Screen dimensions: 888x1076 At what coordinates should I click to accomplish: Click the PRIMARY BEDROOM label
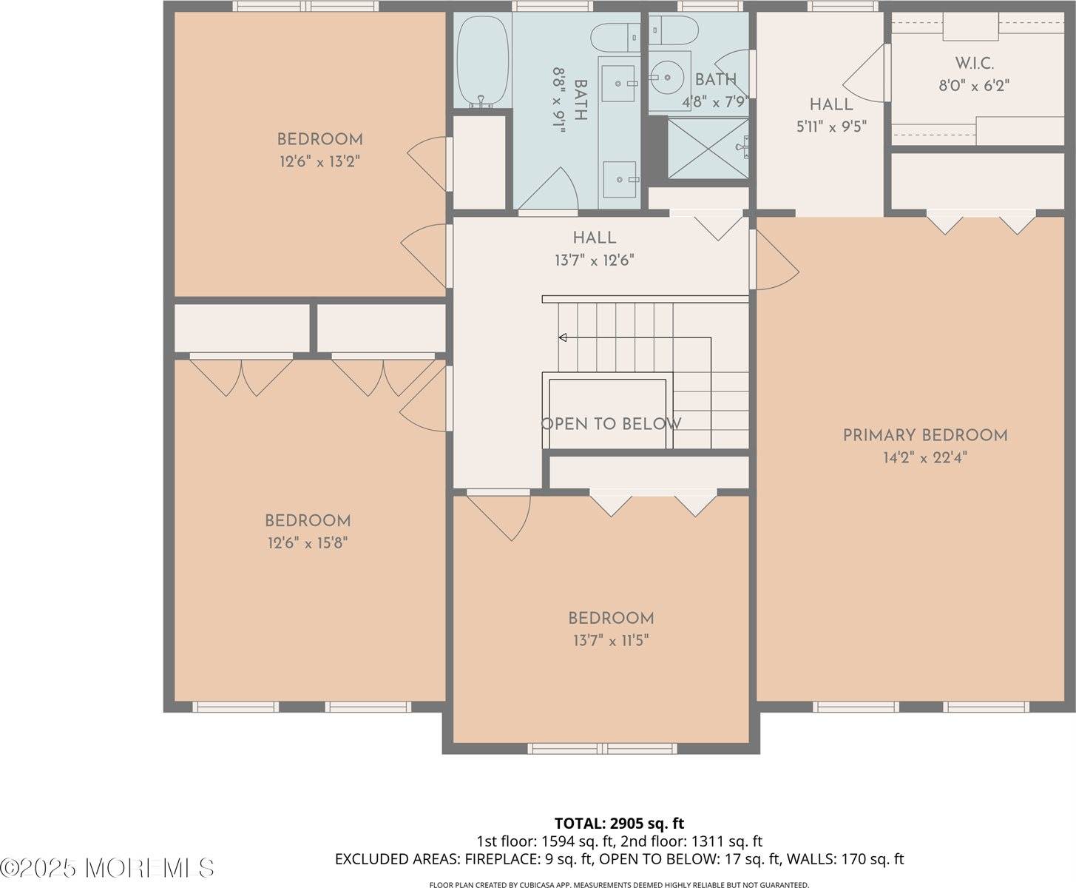925,435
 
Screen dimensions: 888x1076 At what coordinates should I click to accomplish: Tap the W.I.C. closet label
974,63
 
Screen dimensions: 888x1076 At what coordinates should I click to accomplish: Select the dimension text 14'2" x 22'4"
925,458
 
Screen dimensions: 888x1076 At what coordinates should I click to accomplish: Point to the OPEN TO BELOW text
611,424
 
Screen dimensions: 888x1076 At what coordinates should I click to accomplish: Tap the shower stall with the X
708,148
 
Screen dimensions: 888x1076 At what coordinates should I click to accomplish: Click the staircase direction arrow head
562,338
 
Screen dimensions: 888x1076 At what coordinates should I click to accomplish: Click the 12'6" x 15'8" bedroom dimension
308,543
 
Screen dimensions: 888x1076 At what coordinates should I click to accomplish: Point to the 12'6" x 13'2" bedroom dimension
319,161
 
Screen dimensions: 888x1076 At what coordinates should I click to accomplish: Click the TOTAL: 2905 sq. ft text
619,823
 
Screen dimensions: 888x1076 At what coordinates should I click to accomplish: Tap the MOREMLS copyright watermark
108,867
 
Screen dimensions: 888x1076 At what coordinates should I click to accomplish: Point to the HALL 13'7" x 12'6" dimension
594,260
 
